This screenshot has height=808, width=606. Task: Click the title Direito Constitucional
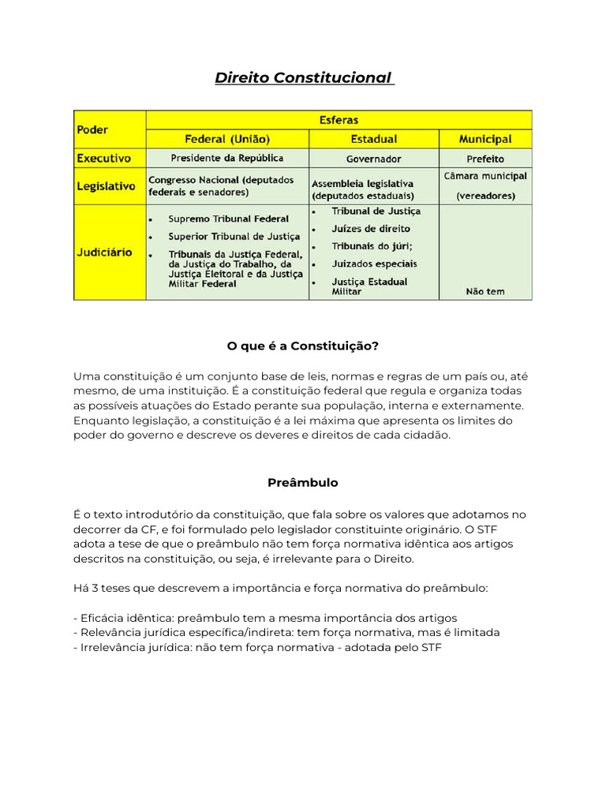[304, 78]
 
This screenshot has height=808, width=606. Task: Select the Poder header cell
[93, 129]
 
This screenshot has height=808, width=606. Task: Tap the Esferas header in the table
[339, 120]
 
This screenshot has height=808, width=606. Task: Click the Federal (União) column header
[226, 139]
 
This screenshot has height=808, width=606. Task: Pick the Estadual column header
[374, 139]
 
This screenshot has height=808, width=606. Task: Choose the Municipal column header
[484, 139]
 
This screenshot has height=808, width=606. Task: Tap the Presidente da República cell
[226, 158]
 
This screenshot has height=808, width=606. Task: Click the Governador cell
[374, 159]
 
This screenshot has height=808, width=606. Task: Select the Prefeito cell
[484, 159]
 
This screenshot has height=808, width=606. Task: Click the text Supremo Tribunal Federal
[228, 219]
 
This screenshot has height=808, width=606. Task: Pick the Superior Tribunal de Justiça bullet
[234, 236]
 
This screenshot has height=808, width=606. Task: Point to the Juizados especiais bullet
[374, 264]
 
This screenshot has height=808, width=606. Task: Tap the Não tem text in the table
[484, 291]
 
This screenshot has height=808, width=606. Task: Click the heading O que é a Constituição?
[303, 346]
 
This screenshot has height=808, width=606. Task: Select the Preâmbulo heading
[303, 482]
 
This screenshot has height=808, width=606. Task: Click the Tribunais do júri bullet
[372, 246]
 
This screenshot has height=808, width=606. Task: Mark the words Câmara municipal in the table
[485, 176]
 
